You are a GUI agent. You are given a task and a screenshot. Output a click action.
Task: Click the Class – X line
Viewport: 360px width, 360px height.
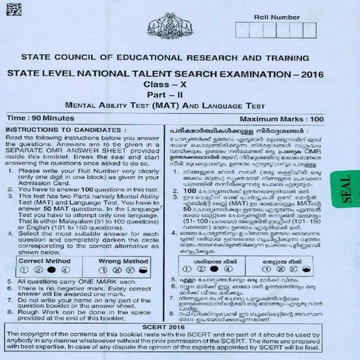pyautogui.click(x=179, y=84)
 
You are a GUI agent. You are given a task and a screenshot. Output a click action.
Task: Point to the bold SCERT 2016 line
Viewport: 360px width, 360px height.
pyautogui.click(x=179, y=321)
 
